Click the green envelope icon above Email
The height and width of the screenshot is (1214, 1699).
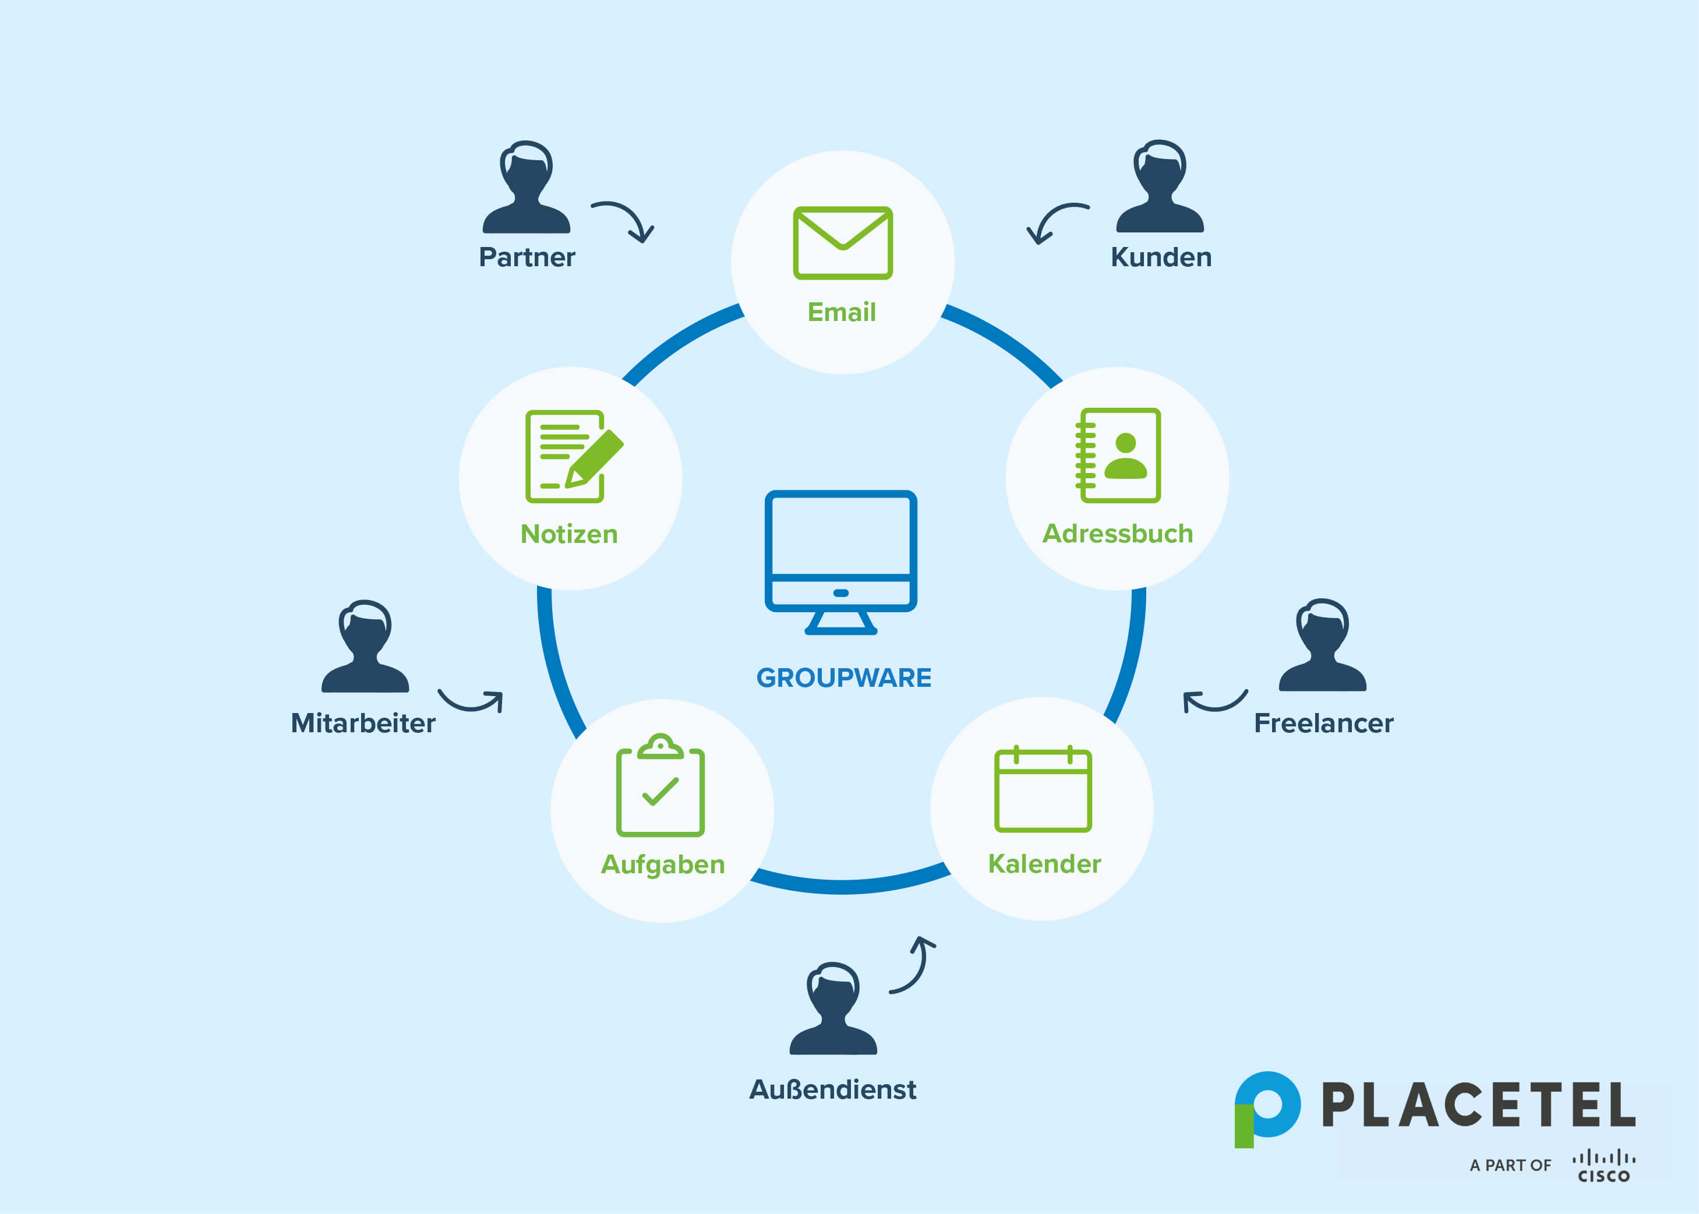(842, 243)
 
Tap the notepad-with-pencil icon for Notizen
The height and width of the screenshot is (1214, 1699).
(573, 456)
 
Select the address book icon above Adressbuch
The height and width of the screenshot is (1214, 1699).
(1118, 456)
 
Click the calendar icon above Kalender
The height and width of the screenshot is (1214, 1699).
(1043, 789)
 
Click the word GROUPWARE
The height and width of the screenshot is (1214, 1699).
(844, 677)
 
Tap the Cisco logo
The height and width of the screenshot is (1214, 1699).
(1603, 1166)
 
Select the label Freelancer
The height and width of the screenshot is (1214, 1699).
(1323, 723)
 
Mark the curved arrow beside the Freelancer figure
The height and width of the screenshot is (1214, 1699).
(1213, 701)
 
